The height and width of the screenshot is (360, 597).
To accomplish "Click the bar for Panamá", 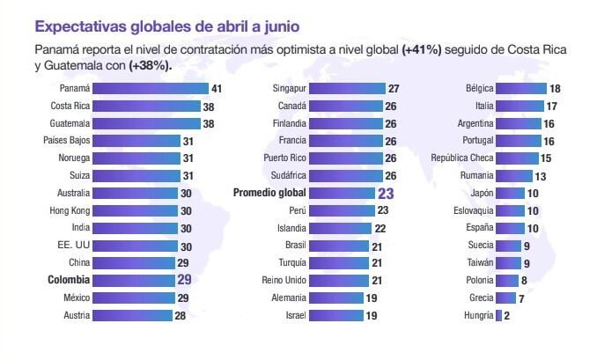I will pyautogui.click(x=150, y=89).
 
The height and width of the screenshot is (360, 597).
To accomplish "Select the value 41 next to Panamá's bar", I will pyautogui.click(x=216, y=89).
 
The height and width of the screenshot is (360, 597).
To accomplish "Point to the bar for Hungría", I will pyautogui.click(x=498, y=315).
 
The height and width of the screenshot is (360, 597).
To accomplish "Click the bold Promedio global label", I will pyautogui.click(x=269, y=193).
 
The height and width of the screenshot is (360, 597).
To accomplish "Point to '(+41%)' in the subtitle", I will pyautogui.click(x=421, y=50).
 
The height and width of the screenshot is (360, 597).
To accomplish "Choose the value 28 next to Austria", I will pyautogui.click(x=180, y=315).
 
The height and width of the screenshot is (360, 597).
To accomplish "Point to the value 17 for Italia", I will pyautogui.click(x=551, y=107).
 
